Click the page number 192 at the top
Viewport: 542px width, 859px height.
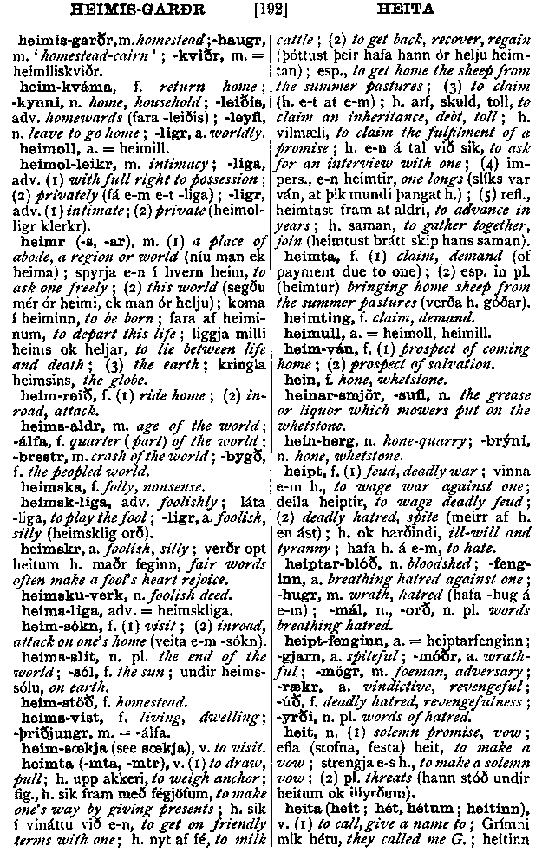(270, 12)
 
